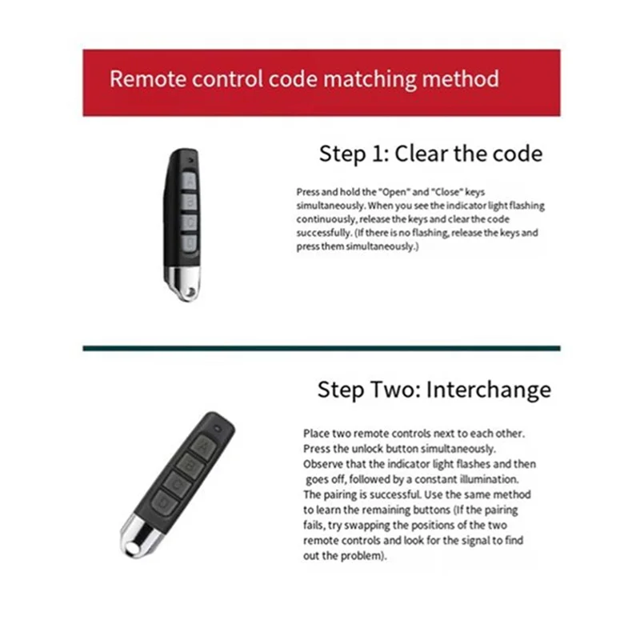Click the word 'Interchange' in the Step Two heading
tap(488, 390)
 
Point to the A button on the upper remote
tap(190, 182)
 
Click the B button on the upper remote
tap(190, 202)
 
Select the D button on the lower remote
tap(164, 502)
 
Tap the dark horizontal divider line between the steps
tap(321, 348)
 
